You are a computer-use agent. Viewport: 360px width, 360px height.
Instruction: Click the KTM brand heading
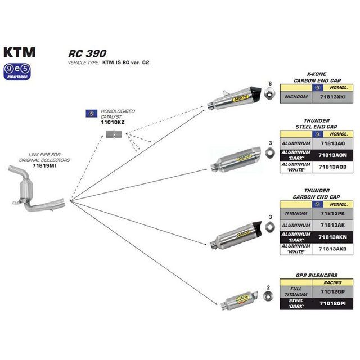(x=20, y=52)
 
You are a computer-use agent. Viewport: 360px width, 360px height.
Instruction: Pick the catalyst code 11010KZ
(x=112, y=121)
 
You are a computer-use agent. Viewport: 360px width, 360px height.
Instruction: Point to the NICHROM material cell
(x=296, y=97)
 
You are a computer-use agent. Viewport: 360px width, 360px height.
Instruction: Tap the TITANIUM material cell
(x=296, y=214)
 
